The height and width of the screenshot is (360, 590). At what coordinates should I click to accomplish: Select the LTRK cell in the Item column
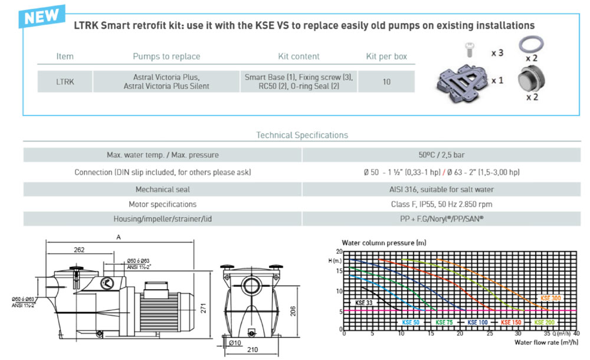point(65,82)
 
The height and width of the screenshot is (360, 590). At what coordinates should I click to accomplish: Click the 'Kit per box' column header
point(386,57)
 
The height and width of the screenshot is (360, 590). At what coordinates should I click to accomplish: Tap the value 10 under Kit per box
point(386,82)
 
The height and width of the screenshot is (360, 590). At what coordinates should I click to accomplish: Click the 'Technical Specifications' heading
point(301,135)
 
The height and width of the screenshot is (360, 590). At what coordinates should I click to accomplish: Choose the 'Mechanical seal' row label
point(162,189)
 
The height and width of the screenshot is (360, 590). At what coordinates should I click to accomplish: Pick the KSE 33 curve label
point(365,303)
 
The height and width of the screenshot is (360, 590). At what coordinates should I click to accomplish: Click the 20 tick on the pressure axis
point(339,252)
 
